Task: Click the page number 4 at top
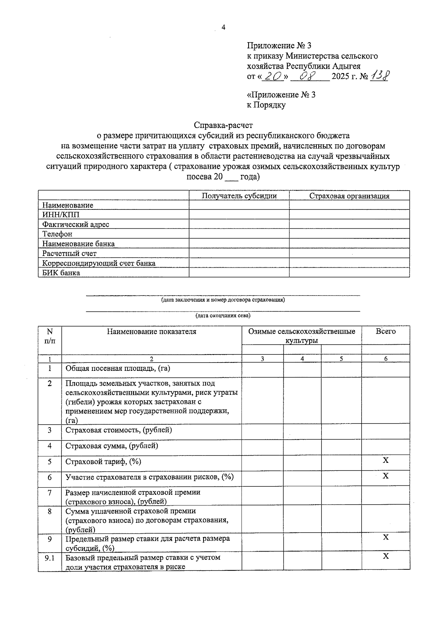click(x=223, y=28)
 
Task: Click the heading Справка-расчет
click(x=223, y=125)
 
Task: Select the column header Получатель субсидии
click(x=239, y=196)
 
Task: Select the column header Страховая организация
click(x=349, y=196)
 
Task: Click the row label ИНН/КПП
click(x=61, y=215)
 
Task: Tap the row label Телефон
click(x=57, y=234)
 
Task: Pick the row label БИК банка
click(x=61, y=273)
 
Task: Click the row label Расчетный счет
click(x=69, y=253)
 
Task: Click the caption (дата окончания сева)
click(x=223, y=316)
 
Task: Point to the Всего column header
click(x=385, y=331)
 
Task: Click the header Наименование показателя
click(x=152, y=331)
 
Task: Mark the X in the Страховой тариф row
click(x=385, y=460)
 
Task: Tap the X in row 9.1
click(x=385, y=556)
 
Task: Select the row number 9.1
click(x=49, y=557)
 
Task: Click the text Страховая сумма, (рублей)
click(x=112, y=445)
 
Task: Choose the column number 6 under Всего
click(x=385, y=359)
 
